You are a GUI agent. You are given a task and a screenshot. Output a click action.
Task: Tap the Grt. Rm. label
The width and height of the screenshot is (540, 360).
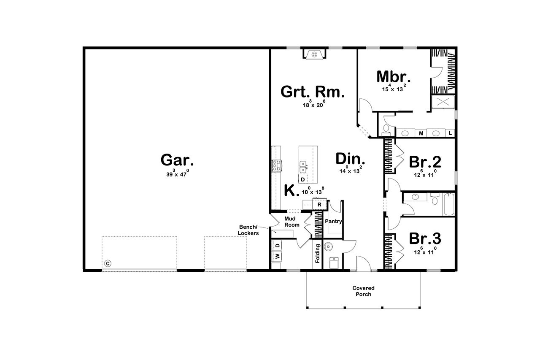313,92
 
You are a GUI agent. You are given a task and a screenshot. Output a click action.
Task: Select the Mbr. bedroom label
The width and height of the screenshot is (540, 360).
394,77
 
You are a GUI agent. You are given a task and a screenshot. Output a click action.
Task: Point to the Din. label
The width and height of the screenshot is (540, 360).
350,159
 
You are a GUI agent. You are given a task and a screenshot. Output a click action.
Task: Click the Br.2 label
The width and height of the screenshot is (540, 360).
425,162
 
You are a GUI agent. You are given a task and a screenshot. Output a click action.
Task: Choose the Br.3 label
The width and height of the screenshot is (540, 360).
425,239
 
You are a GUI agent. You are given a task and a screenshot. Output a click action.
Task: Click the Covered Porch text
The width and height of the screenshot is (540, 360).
363,291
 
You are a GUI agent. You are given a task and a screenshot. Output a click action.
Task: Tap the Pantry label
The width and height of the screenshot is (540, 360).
333,222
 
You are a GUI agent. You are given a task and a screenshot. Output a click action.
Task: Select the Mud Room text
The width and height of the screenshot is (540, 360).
292,222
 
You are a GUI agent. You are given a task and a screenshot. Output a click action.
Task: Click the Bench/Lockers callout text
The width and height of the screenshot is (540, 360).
248,230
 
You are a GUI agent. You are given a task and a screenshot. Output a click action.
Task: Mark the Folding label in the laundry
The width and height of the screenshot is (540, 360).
317,253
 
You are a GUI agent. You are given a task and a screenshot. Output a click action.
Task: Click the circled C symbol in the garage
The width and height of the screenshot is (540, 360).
108,263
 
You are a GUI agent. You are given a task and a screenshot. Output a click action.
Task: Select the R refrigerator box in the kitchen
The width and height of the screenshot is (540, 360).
320,205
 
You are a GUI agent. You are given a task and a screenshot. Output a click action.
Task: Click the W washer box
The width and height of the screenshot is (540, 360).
277,256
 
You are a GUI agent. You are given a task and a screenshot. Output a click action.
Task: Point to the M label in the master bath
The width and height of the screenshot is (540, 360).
421,133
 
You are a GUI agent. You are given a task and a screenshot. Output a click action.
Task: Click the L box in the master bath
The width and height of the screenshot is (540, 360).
450,133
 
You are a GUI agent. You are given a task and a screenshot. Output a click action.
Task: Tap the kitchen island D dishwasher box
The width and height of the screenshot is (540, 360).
303,179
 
